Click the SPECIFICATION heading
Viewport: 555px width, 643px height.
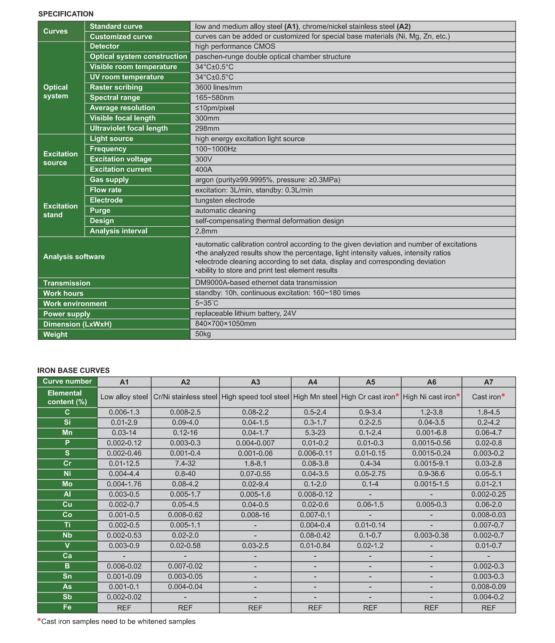pyautogui.click(x=66, y=14)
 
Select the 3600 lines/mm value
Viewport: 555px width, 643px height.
pyautogui.click(x=219, y=88)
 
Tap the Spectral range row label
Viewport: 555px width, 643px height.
pyautogui.click(x=115, y=97)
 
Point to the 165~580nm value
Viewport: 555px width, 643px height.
pyautogui.click(x=214, y=98)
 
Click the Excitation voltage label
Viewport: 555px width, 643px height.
pyautogui.click(x=121, y=159)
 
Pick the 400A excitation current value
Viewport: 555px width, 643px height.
pyautogui.click(x=204, y=169)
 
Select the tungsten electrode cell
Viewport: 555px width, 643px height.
pyautogui.click(x=225, y=200)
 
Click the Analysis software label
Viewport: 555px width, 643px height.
pyautogui.click(x=74, y=257)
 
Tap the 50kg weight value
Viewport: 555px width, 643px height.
pyautogui.click(x=203, y=334)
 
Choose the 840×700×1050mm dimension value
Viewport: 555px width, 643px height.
pyautogui.click(x=225, y=324)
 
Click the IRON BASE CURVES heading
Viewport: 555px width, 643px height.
pyautogui.click(x=73, y=370)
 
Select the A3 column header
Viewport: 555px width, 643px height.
pyautogui.click(x=255, y=382)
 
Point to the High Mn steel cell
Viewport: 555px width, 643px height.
pyautogui.click(x=315, y=397)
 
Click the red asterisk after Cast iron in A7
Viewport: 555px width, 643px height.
pyautogui.click(x=503, y=396)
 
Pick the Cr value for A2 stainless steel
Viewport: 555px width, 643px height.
pyautogui.click(x=185, y=464)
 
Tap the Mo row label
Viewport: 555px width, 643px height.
pyautogui.click(x=67, y=484)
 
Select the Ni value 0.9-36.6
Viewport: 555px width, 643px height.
pyautogui.click(x=431, y=474)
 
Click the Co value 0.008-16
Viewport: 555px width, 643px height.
pyautogui.click(x=255, y=515)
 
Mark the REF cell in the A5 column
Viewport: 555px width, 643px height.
pyautogui.click(x=370, y=608)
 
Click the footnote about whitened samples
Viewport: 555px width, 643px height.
pyautogui.click(x=118, y=622)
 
